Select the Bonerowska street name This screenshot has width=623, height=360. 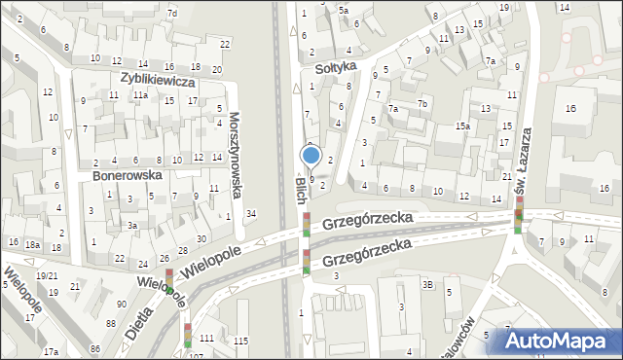click(126, 176)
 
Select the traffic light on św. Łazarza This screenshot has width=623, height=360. click(519, 214)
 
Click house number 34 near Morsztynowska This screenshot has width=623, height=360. click(251, 213)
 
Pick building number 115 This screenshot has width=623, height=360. click(240, 339)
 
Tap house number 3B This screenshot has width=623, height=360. click(427, 284)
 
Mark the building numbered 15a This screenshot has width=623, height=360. click(463, 126)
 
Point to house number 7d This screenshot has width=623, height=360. click(172, 13)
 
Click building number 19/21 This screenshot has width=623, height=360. click(47, 275)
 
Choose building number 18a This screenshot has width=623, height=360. click(33, 245)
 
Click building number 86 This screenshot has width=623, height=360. click(96, 348)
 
